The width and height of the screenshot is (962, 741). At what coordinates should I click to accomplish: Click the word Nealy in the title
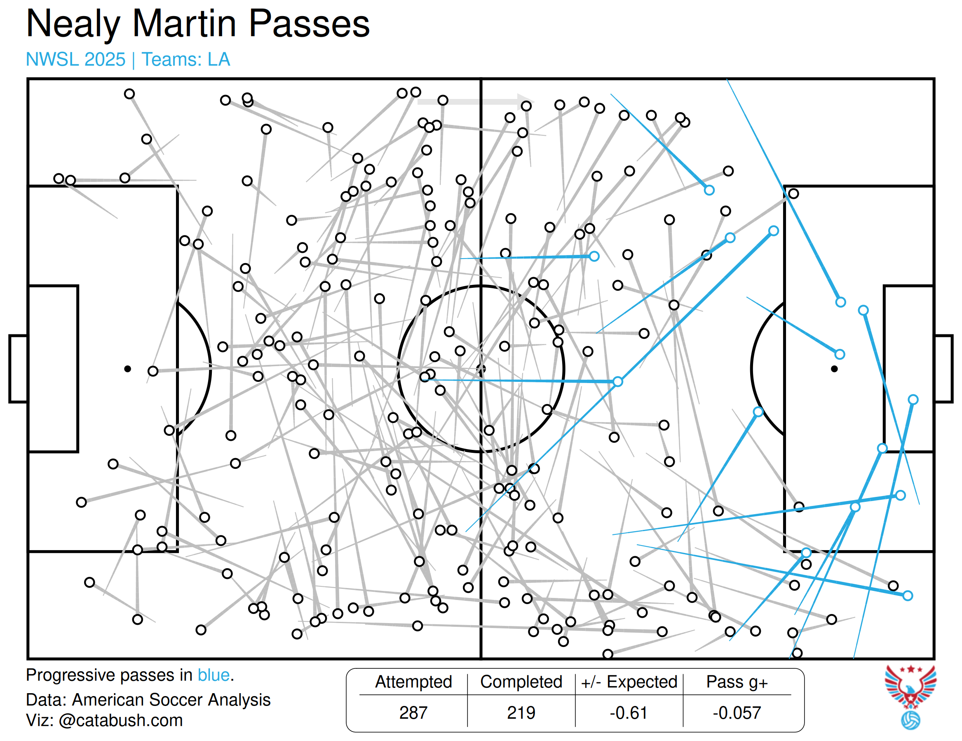[x=73, y=24]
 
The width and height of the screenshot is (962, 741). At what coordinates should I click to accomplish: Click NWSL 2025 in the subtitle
[x=76, y=59]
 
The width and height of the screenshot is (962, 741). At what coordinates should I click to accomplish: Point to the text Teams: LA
[x=185, y=59]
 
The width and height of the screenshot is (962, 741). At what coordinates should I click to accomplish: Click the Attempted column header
[x=413, y=682]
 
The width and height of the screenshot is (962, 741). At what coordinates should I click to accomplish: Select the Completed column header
[x=521, y=682]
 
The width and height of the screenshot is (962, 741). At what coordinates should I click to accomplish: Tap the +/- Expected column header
[x=629, y=682]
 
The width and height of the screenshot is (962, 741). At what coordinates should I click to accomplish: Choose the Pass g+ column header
[x=737, y=682]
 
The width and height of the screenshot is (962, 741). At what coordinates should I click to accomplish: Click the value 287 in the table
[x=413, y=713]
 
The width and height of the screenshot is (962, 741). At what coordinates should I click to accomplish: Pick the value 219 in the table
[x=521, y=713]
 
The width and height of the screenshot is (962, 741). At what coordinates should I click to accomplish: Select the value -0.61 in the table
[x=629, y=713]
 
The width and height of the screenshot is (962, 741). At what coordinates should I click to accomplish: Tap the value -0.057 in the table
[x=737, y=713]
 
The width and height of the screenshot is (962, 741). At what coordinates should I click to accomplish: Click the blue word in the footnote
[x=214, y=675]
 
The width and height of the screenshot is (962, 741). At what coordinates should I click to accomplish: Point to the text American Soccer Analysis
[x=171, y=700]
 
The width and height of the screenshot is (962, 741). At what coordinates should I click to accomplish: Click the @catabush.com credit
[x=120, y=721]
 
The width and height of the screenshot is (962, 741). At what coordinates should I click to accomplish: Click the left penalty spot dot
[x=127, y=369]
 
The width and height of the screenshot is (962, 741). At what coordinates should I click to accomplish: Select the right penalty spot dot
[x=834, y=369]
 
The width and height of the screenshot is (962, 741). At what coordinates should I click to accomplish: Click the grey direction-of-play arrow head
[x=526, y=101]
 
